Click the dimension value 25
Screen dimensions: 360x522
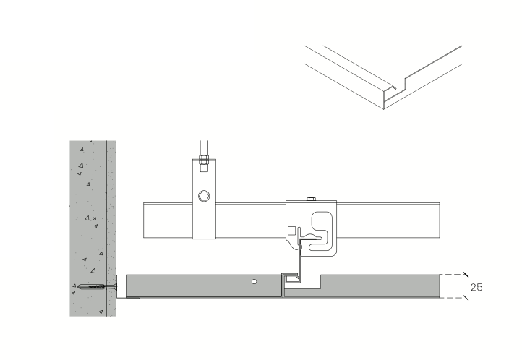click(476, 287)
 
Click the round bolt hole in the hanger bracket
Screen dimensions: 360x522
click(205, 195)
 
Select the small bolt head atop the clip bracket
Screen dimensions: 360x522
click(312, 198)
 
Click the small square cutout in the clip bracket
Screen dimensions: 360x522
click(292, 231)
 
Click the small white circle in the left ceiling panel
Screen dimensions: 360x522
click(254, 280)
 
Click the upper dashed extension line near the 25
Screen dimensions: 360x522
click(452, 274)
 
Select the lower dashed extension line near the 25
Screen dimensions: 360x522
click(452, 299)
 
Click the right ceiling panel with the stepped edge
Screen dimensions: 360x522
click(369, 287)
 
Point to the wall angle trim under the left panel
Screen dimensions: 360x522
click(127, 298)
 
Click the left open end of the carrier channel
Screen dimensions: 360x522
click(146, 220)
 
